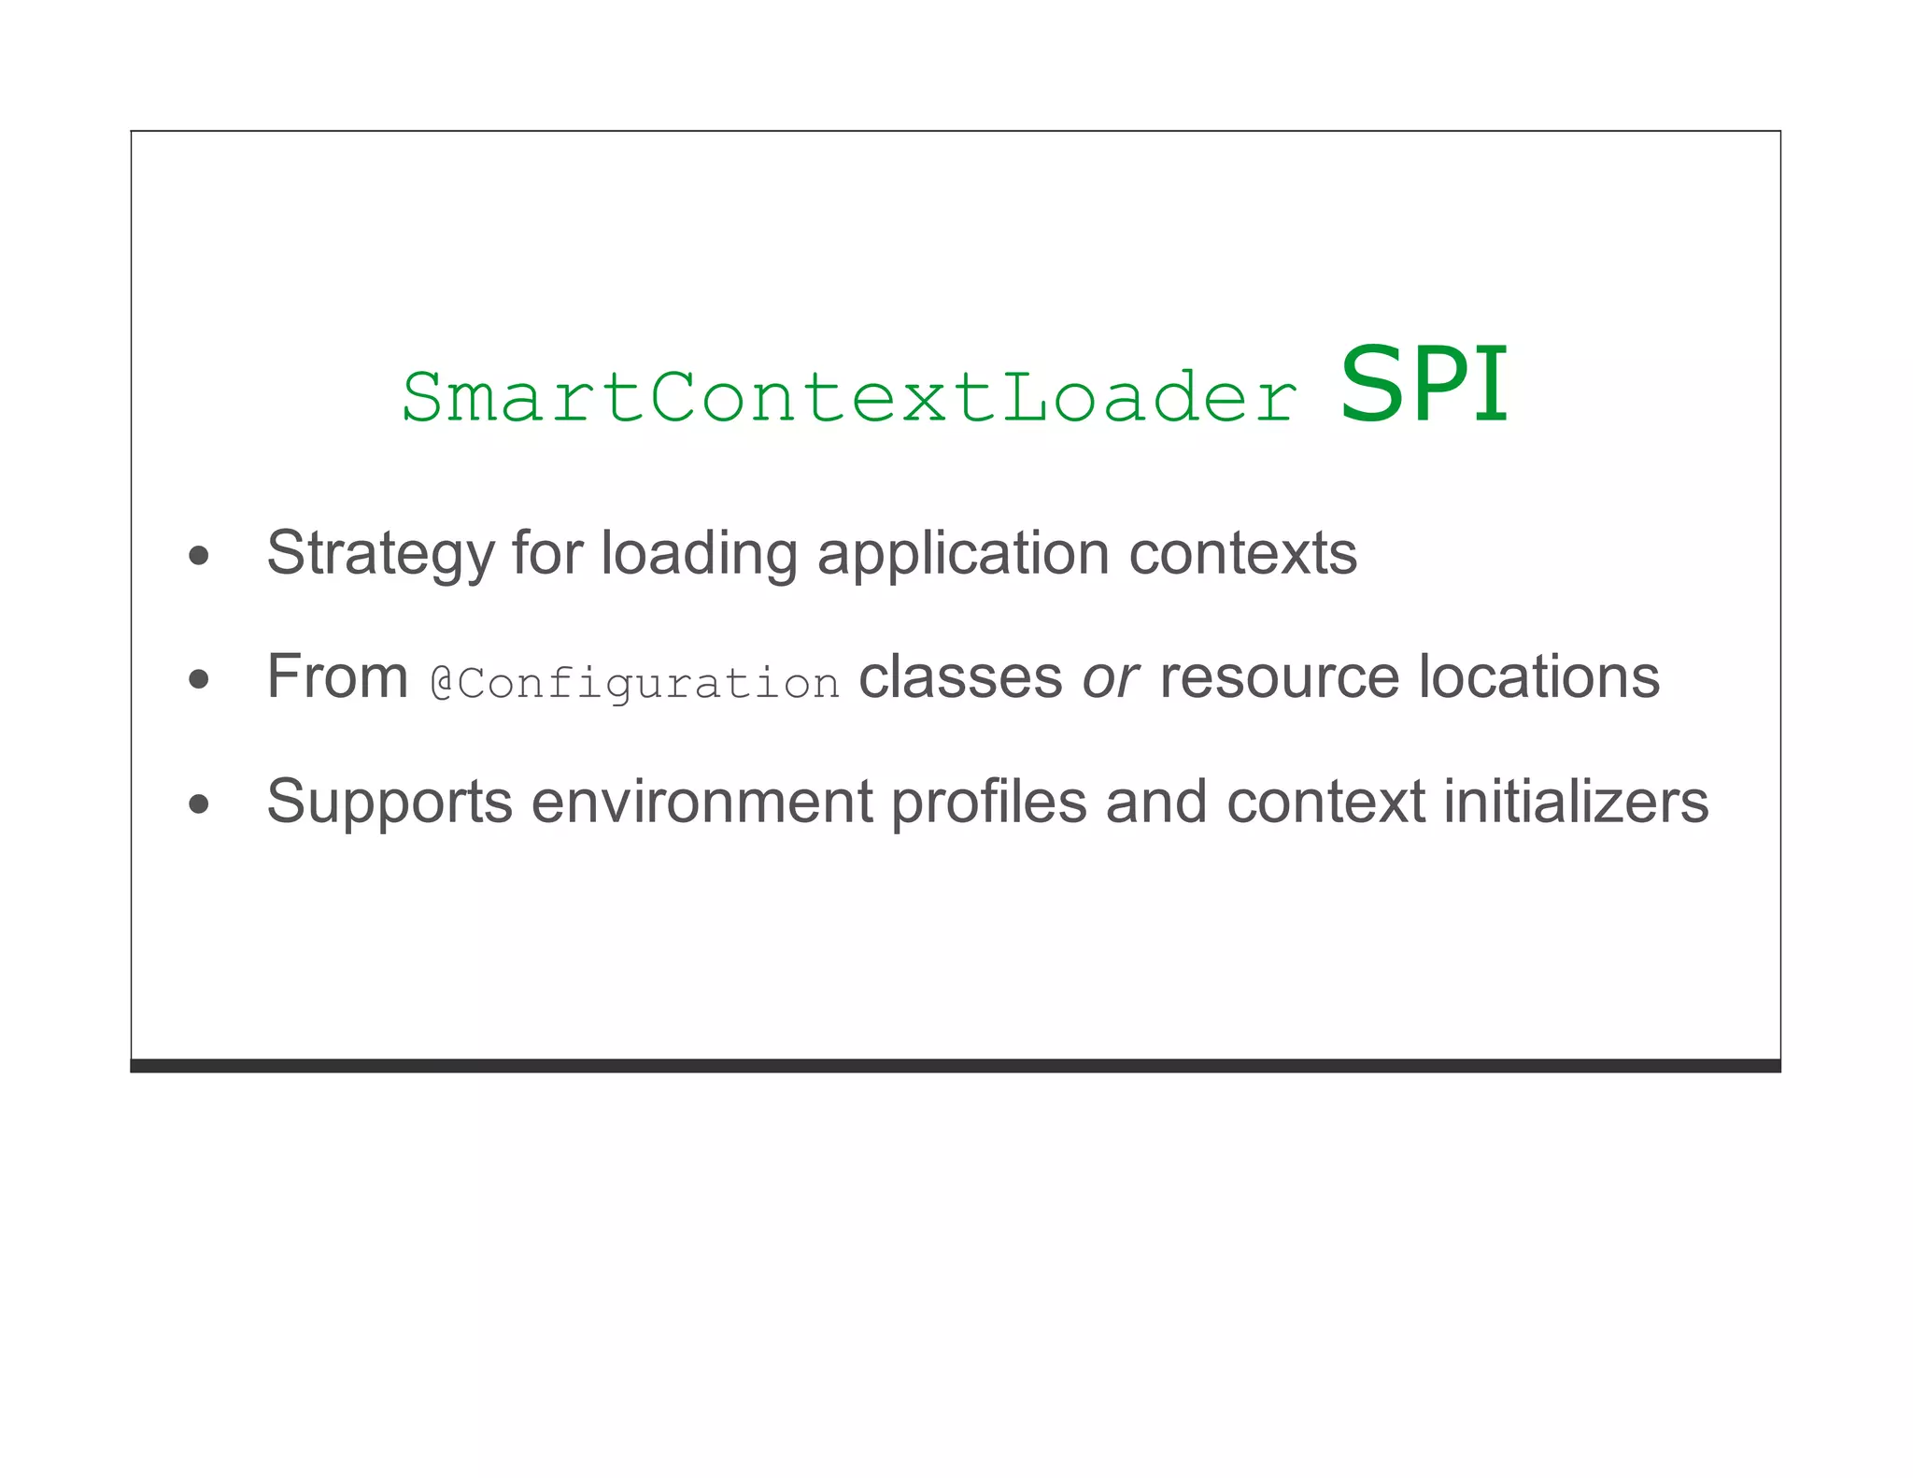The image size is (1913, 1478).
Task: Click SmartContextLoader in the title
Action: pos(848,398)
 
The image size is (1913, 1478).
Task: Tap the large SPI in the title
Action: pos(1424,385)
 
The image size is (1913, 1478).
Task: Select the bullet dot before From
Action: pos(198,679)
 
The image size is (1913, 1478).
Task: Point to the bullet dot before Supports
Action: pos(198,803)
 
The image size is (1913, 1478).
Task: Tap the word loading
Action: pos(699,553)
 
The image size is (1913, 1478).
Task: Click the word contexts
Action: pos(1242,553)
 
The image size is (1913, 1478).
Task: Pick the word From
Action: pos(337,676)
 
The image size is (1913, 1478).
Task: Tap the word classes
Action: pos(960,676)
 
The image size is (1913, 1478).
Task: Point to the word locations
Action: pos(1539,676)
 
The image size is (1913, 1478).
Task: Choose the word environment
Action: pos(701,802)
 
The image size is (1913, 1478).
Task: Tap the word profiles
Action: pos(989,802)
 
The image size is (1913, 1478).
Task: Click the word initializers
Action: pos(1577,802)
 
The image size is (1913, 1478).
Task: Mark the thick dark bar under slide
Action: pos(955,1066)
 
